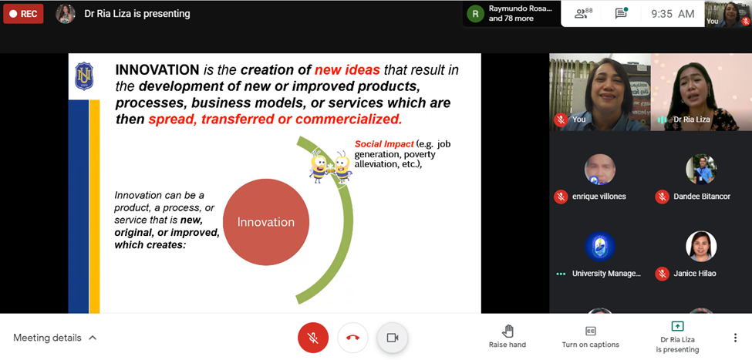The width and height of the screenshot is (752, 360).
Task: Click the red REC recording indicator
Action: pos(23,14)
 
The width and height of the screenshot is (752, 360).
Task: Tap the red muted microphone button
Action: pos(313,338)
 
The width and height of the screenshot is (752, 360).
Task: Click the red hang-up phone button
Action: pos(353,338)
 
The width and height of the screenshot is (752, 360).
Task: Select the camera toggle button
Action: pos(393,338)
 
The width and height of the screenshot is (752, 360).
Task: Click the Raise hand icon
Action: pos(508,331)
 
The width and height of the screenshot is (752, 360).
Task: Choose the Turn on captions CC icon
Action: pos(590,331)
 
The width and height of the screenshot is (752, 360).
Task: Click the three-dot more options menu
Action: pos(735,338)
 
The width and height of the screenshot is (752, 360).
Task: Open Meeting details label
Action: pos(47,338)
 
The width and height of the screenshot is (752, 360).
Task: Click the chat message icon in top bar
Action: pos(621,13)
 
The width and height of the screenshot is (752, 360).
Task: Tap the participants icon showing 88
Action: pos(583,13)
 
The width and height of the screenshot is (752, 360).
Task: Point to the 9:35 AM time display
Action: pos(673,14)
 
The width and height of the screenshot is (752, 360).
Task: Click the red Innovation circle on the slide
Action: pos(265,222)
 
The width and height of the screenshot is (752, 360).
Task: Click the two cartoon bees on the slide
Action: pos(331,166)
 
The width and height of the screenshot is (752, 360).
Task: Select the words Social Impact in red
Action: pos(384,144)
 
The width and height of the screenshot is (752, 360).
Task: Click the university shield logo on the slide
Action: pos(84,76)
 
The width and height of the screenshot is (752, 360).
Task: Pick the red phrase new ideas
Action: pos(347,70)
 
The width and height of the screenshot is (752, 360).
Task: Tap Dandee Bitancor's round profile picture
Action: pos(700,170)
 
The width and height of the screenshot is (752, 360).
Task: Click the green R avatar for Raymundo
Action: pos(475,14)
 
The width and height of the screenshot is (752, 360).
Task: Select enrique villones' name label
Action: pos(599,196)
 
